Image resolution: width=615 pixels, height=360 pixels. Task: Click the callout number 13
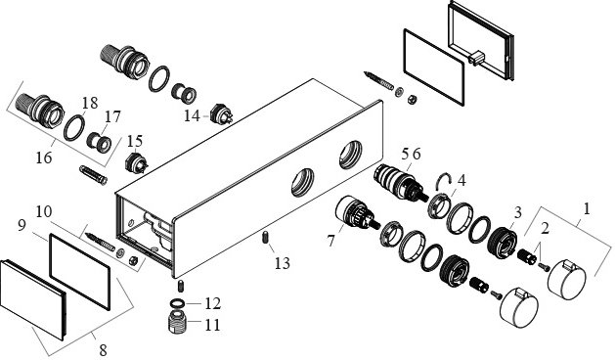tap(282, 263)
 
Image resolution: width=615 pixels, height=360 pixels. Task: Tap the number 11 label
tap(212, 325)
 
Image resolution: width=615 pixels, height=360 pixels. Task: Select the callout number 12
tap(212, 303)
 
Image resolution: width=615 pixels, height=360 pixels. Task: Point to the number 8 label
tap(103, 349)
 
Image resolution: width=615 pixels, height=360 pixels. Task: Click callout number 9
tap(22, 225)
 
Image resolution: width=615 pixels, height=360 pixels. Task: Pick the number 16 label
tap(44, 157)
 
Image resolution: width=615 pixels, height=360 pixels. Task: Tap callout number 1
tap(587, 208)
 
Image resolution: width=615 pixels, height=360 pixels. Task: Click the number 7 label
tap(331, 241)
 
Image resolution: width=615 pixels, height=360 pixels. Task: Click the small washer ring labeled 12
tap(177, 303)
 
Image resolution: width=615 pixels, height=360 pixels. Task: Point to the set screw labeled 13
tap(265, 238)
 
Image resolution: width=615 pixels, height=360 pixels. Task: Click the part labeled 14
tap(221, 114)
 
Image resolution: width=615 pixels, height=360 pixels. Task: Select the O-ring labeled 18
tap(74, 127)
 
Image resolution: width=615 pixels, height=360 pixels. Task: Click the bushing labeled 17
tap(99, 142)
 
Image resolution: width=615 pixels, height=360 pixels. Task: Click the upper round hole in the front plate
tap(350, 155)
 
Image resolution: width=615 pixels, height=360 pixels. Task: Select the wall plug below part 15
tap(93, 175)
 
